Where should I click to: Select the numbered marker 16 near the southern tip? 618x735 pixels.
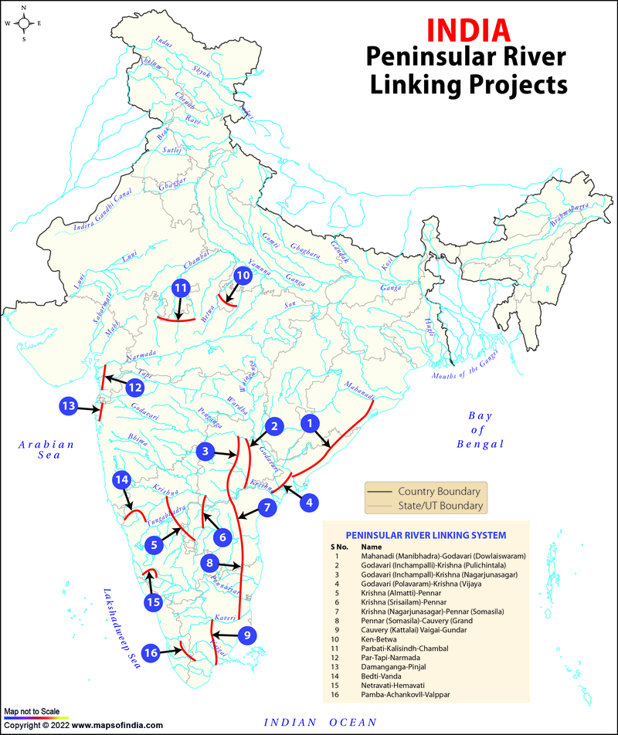pos(151,653)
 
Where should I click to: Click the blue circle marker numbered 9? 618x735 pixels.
pos(246,635)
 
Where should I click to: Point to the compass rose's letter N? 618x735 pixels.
pos(23,8)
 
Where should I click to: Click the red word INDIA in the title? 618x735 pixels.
pos(468,29)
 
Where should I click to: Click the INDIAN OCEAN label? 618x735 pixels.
pos(320,722)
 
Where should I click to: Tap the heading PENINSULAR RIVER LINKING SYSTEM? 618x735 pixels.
pos(426,534)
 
